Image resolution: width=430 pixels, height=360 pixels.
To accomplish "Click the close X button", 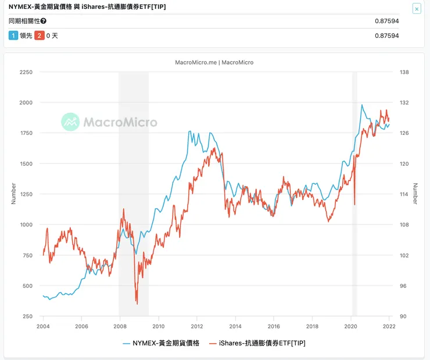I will (417, 9).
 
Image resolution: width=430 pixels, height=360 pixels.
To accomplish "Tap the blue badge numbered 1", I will (13, 35).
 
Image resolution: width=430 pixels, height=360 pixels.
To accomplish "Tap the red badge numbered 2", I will (40, 35).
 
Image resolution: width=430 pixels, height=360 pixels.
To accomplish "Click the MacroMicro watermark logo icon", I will (71, 122).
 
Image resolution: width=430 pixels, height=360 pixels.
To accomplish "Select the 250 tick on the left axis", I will (27, 316).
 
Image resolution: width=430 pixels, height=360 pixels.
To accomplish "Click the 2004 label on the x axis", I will (43, 326).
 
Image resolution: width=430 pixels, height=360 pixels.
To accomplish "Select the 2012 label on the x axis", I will (197, 326).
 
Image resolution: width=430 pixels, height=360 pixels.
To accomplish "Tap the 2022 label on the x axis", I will (389, 326).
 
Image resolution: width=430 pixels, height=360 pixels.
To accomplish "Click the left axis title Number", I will (13, 194).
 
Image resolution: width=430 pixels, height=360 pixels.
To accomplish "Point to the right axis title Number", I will (415, 194).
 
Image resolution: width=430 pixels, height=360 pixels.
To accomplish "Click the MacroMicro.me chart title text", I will (214, 62).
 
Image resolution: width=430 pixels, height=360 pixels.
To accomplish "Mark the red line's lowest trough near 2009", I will (137, 303).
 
